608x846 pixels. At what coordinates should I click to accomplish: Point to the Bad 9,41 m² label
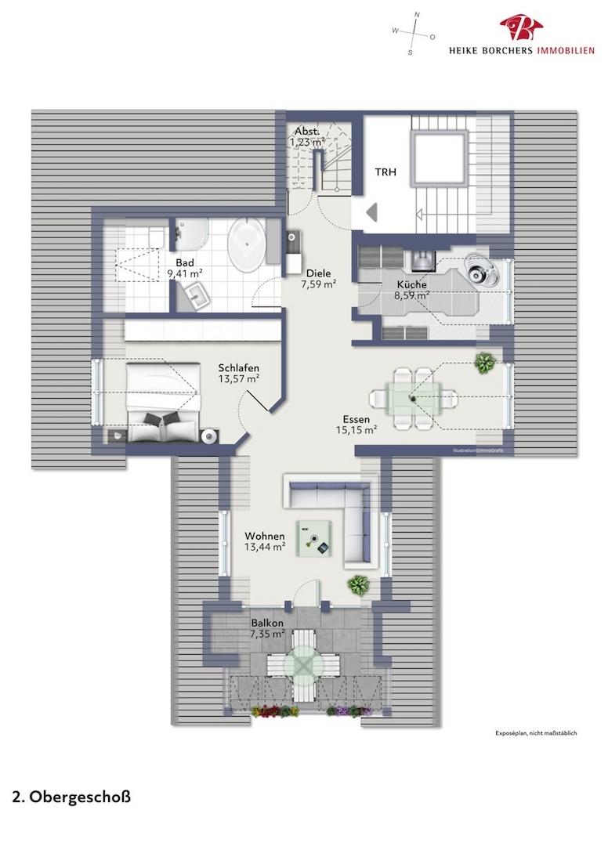(x=185, y=268)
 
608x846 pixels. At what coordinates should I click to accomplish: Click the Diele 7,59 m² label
(x=319, y=279)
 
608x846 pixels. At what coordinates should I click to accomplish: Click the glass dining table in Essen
(x=413, y=399)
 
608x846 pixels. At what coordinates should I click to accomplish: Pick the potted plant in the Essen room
(x=485, y=362)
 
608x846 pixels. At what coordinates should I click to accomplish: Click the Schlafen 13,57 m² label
(x=239, y=374)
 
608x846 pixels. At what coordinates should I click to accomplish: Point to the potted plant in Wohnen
(x=358, y=584)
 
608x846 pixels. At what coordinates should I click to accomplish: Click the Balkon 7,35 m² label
(x=267, y=628)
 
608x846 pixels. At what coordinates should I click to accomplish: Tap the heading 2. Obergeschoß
(x=71, y=797)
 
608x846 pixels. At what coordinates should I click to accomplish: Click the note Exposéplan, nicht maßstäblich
(x=536, y=733)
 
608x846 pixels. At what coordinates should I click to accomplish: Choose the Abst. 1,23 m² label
(x=306, y=137)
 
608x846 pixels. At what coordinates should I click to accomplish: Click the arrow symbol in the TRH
(x=371, y=211)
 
